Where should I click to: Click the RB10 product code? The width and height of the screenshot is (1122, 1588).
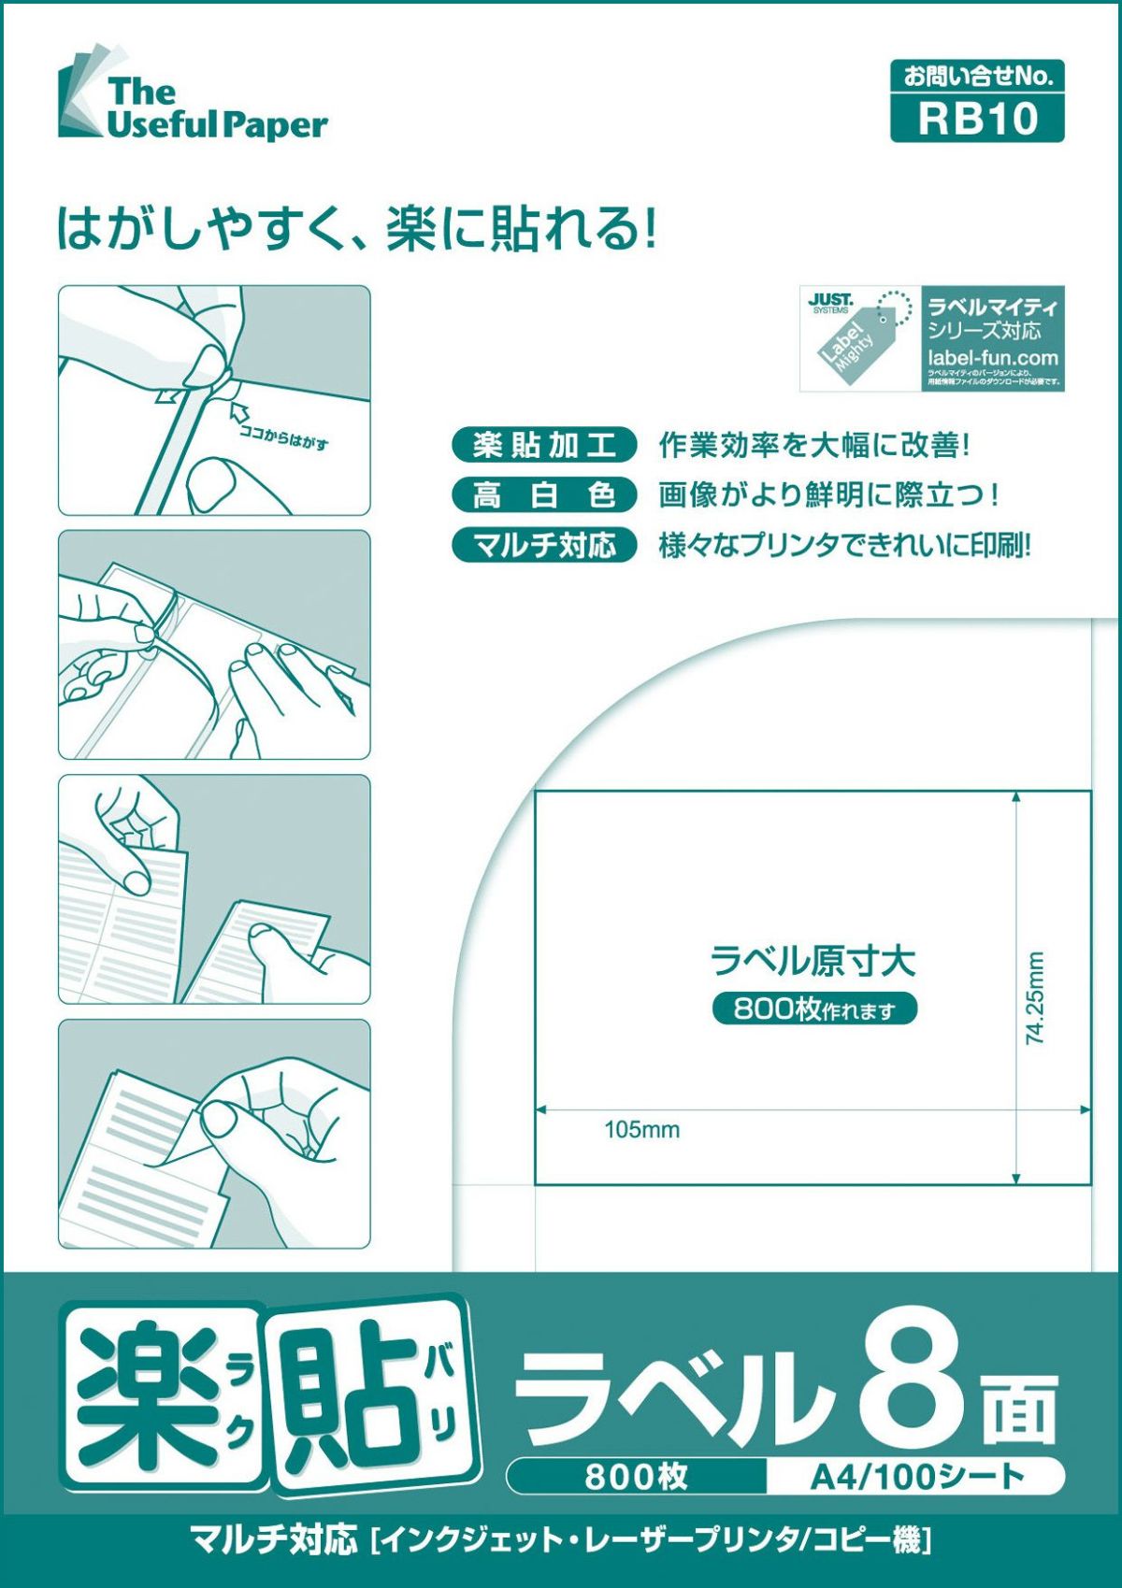(977, 119)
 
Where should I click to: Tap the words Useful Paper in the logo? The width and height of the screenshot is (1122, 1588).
(217, 125)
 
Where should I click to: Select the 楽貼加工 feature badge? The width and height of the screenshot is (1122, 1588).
(543, 445)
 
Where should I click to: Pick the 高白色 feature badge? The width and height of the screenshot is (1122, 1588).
(543, 494)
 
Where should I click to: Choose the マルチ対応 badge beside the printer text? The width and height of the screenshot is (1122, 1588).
(543, 544)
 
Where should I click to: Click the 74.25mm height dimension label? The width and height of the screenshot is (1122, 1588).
(1035, 997)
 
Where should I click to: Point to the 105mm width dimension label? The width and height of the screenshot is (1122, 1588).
(641, 1129)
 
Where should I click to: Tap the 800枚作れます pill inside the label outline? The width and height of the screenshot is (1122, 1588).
(814, 1009)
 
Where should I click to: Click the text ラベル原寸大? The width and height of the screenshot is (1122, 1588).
(813, 961)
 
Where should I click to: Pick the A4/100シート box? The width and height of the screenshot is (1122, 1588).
(916, 1477)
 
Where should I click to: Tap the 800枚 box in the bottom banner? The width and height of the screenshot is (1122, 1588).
(636, 1477)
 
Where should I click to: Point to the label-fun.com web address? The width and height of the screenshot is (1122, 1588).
(993, 357)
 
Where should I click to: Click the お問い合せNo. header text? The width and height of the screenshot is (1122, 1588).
(977, 77)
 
